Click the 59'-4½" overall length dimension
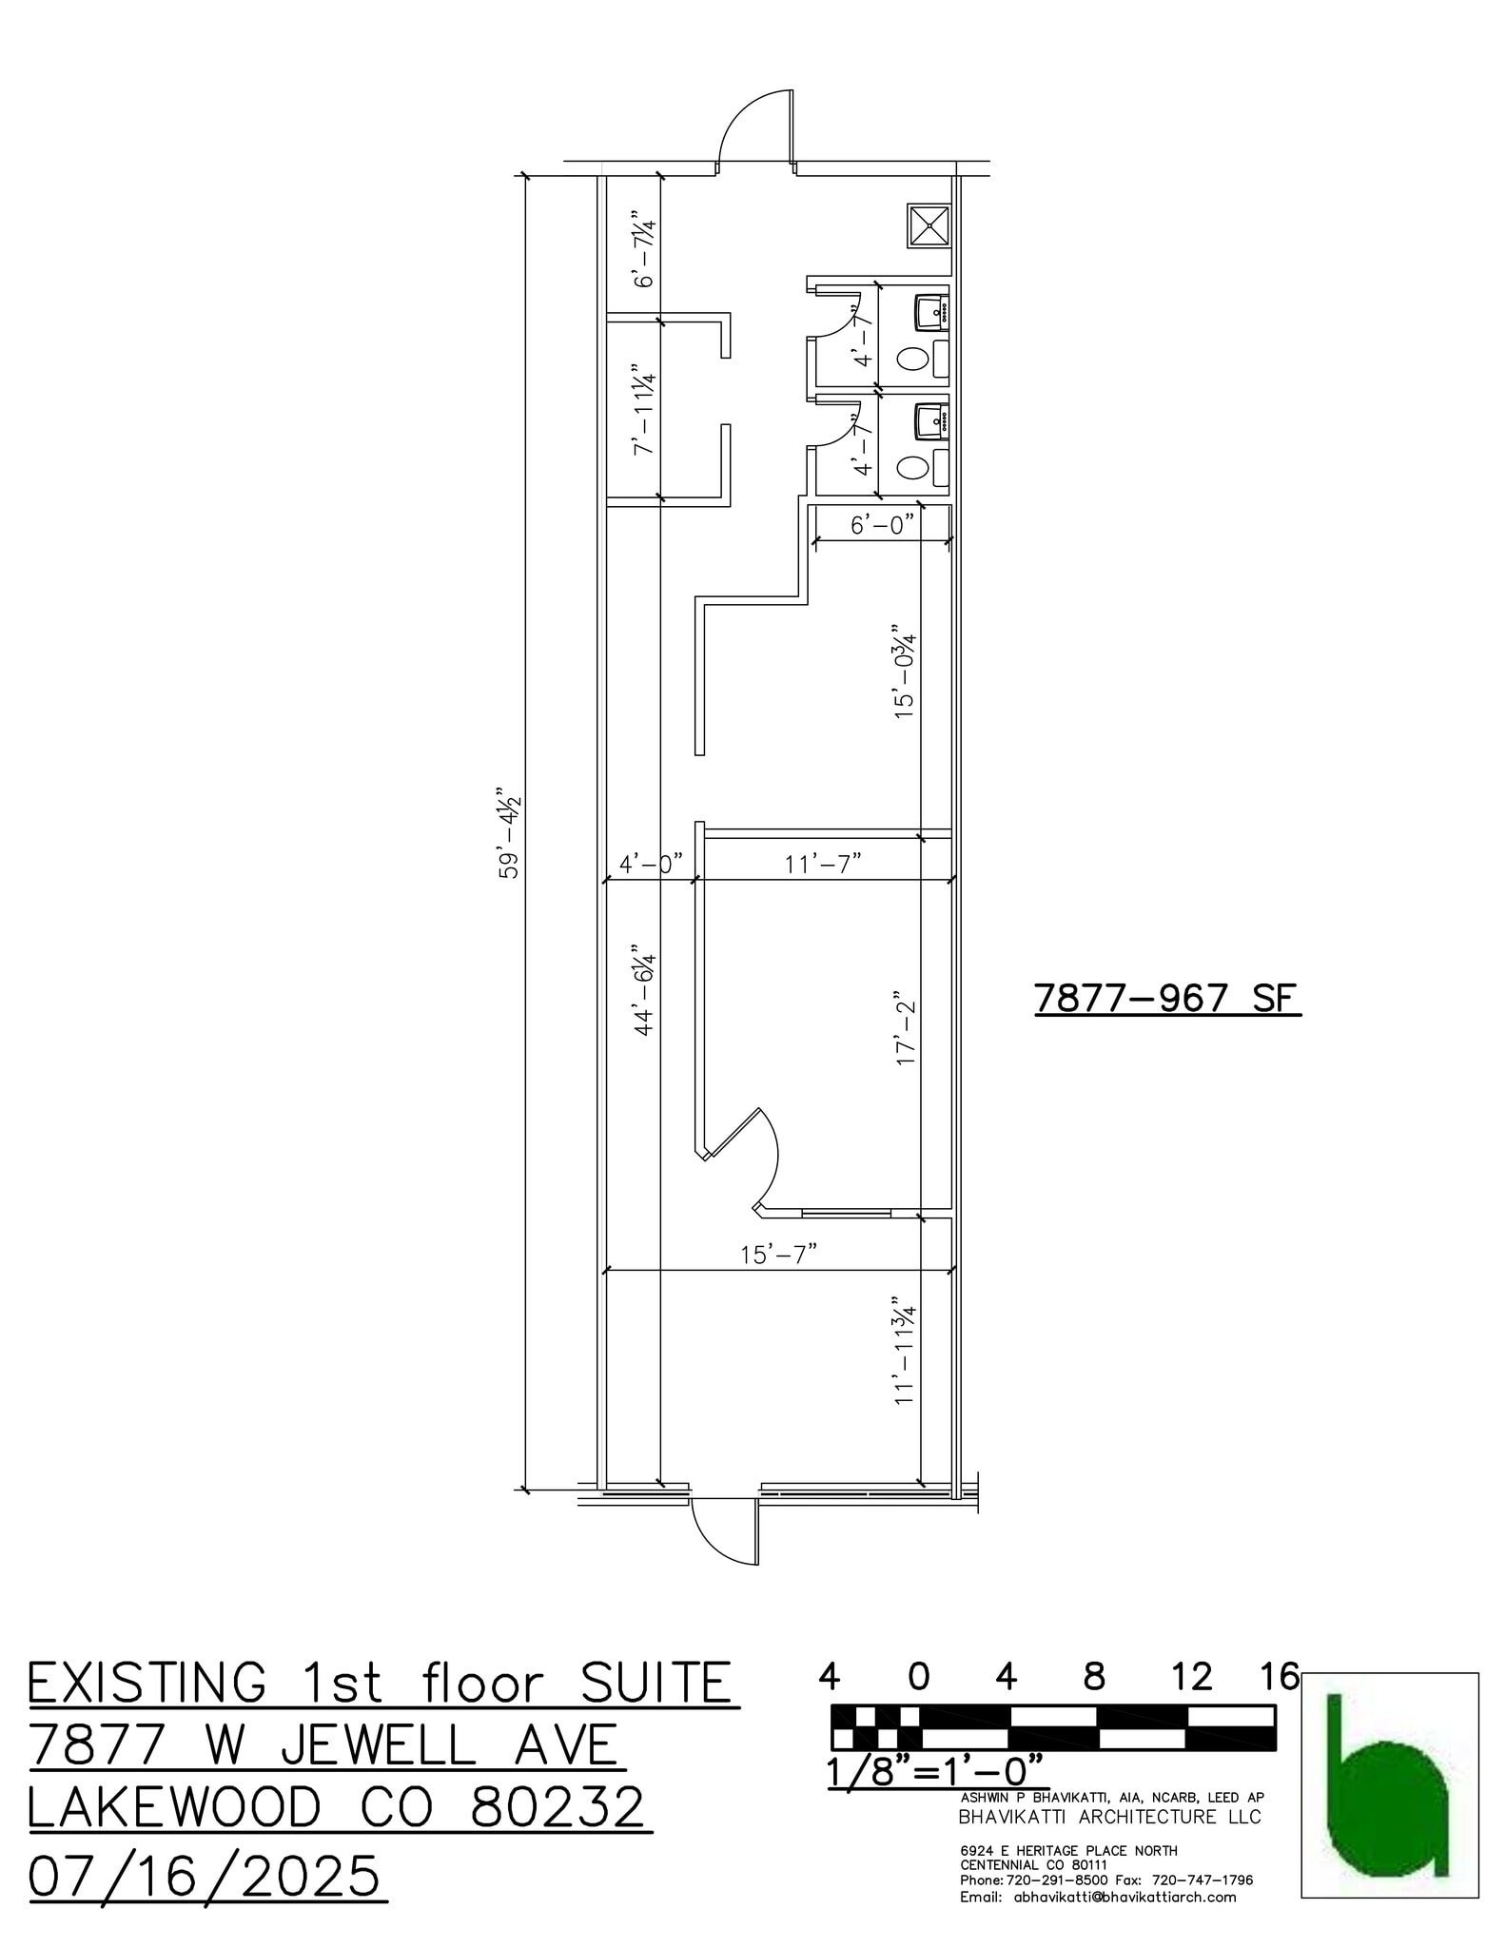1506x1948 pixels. click(x=510, y=831)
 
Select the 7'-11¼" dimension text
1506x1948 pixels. click(x=645, y=410)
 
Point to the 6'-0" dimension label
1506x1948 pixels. click(x=881, y=524)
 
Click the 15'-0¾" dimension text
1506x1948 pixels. click(x=904, y=671)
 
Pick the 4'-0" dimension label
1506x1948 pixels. click(x=651, y=864)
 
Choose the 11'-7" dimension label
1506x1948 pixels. click(x=823, y=864)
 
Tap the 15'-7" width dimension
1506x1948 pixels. click(x=779, y=1255)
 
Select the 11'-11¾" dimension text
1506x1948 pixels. click(x=904, y=1350)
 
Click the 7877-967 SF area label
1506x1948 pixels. click(x=1166, y=999)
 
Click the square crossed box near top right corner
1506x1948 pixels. click(x=929, y=224)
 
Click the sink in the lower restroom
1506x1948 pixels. click(x=930, y=419)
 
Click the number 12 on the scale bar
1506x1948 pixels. click(x=1192, y=1677)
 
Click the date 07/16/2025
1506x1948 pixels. click(x=205, y=1877)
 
